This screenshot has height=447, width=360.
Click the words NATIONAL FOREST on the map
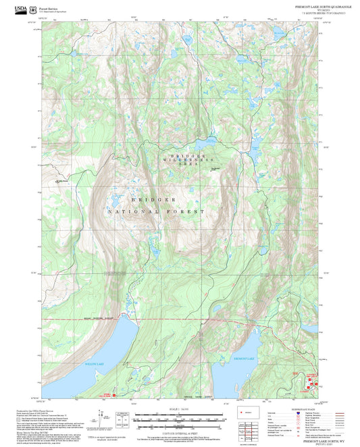point(155,212)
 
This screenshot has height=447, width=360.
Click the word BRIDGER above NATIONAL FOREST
point(154,201)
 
